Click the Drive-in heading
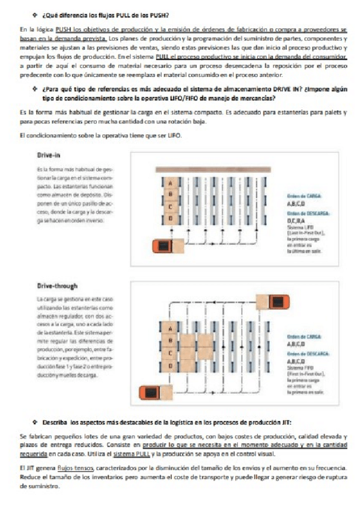tap(48, 155)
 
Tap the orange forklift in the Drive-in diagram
tap(163, 247)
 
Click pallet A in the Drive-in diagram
tap(170, 183)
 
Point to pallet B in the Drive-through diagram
tap(170, 340)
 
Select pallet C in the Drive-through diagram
tap(170, 353)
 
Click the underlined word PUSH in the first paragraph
tap(63, 29)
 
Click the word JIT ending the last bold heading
tap(285, 423)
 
